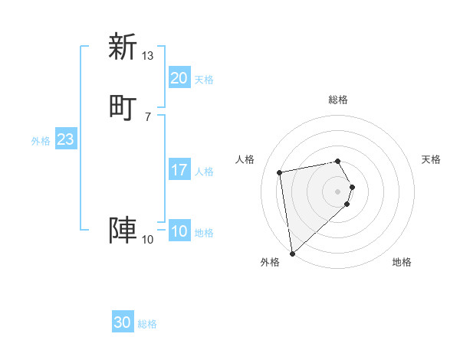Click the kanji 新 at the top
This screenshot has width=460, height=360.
tap(122, 47)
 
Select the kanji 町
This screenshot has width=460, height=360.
tap(122, 106)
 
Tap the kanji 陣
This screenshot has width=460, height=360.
tap(122, 231)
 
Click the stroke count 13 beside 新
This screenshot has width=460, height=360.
tap(147, 56)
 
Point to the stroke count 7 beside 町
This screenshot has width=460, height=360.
tap(147, 116)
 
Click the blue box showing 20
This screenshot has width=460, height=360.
tap(179, 78)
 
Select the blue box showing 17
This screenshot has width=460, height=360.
tap(179, 170)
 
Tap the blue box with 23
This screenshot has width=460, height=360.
tap(65, 139)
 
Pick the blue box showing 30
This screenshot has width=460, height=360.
tap(123, 323)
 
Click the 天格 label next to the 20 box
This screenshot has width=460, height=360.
tap(203, 80)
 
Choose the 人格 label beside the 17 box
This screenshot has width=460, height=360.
tap(204, 172)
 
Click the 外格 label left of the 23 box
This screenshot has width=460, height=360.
tap(41, 141)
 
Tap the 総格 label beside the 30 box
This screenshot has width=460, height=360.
tap(147, 325)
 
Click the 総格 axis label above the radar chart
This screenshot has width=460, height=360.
tap(338, 100)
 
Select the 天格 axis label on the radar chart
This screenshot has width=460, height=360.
tap(431, 159)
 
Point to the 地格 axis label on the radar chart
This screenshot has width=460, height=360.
tap(402, 263)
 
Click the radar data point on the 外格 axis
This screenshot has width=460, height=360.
tap(291, 253)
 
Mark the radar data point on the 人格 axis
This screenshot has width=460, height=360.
tap(280, 172)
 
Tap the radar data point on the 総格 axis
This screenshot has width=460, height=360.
tap(338, 161)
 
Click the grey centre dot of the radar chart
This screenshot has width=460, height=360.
tap(338, 191)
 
